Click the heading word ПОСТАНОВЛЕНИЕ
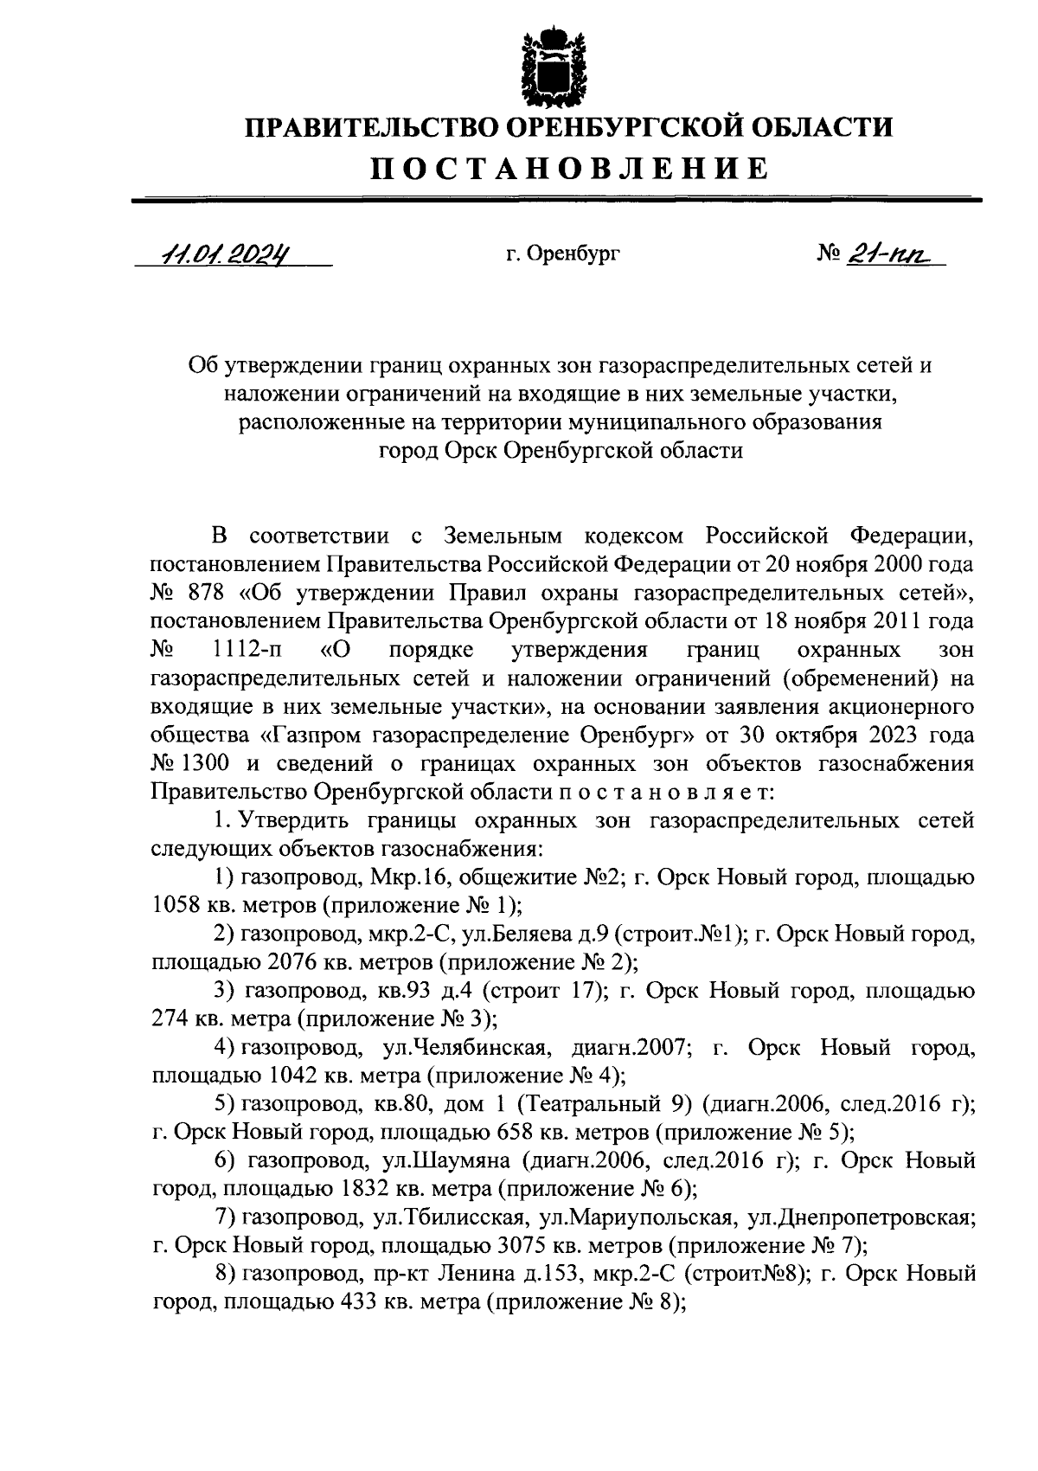pyautogui.click(x=569, y=168)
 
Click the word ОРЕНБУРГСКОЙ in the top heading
pyautogui.click(x=619, y=127)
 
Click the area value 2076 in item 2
pyautogui.click(x=294, y=962)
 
